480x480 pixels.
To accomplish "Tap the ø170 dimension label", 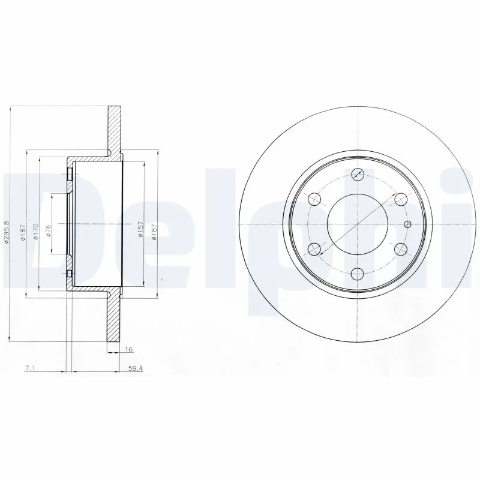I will [x=35, y=232].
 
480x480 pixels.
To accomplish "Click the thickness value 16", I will [x=128, y=349].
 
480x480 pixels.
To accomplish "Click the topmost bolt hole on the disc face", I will [x=358, y=175].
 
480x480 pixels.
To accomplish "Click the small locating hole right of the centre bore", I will [x=408, y=224].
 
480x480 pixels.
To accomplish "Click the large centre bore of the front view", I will [x=357, y=224].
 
